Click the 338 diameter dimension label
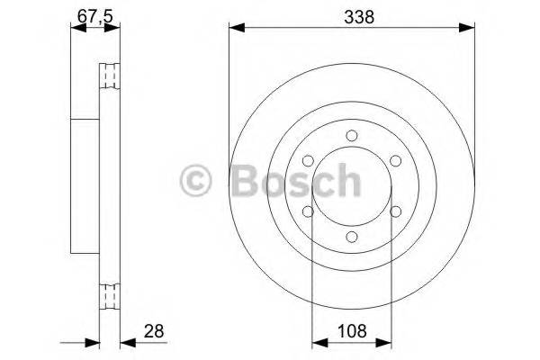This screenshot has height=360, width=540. tap(352, 16)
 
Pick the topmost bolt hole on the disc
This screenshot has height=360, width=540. tap(352, 136)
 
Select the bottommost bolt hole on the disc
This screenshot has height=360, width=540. tap(352, 236)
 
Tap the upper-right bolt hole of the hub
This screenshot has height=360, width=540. tap(395, 160)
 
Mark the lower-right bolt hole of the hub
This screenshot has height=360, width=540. tap(395, 211)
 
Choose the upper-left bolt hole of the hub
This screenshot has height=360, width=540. tap(309, 160)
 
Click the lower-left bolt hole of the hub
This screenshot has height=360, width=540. tap(309, 211)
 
